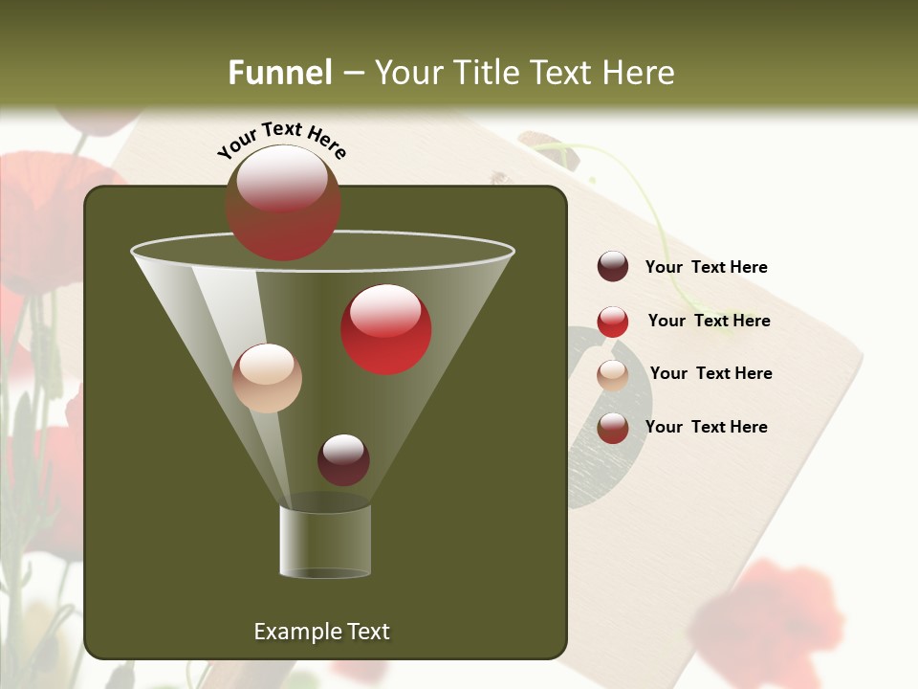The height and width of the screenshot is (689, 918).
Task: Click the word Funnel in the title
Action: (x=279, y=73)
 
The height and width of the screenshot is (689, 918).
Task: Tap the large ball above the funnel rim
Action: (x=283, y=203)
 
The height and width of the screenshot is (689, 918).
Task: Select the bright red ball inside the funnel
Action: (x=386, y=329)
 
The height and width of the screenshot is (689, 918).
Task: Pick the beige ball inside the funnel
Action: (x=267, y=378)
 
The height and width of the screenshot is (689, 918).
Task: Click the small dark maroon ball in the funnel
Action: (x=343, y=459)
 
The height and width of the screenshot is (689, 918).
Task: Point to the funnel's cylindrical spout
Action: (x=325, y=541)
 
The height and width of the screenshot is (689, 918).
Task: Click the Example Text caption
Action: (x=321, y=632)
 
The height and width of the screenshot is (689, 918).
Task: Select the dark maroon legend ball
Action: (x=613, y=267)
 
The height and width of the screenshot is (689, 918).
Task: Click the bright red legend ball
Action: (x=613, y=322)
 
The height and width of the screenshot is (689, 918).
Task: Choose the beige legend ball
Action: (x=613, y=375)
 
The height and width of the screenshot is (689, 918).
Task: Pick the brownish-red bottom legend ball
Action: (x=613, y=428)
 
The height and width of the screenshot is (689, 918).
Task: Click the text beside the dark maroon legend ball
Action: (x=706, y=268)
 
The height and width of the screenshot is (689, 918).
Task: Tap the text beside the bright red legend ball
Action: (x=709, y=322)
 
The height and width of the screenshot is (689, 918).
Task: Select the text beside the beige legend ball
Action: (x=710, y=374)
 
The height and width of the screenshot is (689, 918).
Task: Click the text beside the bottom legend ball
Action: (x=706, y=427)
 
